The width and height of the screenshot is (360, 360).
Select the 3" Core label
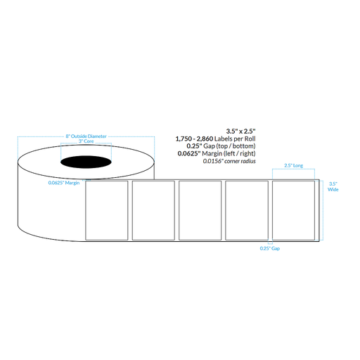tap(86, 144)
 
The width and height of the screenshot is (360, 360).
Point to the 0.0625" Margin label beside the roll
tap(63, 183)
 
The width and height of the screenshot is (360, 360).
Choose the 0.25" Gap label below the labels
tap(264, 249)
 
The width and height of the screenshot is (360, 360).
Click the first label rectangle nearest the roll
tap(106, 211)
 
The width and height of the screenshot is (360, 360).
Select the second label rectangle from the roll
tap(153, 211)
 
